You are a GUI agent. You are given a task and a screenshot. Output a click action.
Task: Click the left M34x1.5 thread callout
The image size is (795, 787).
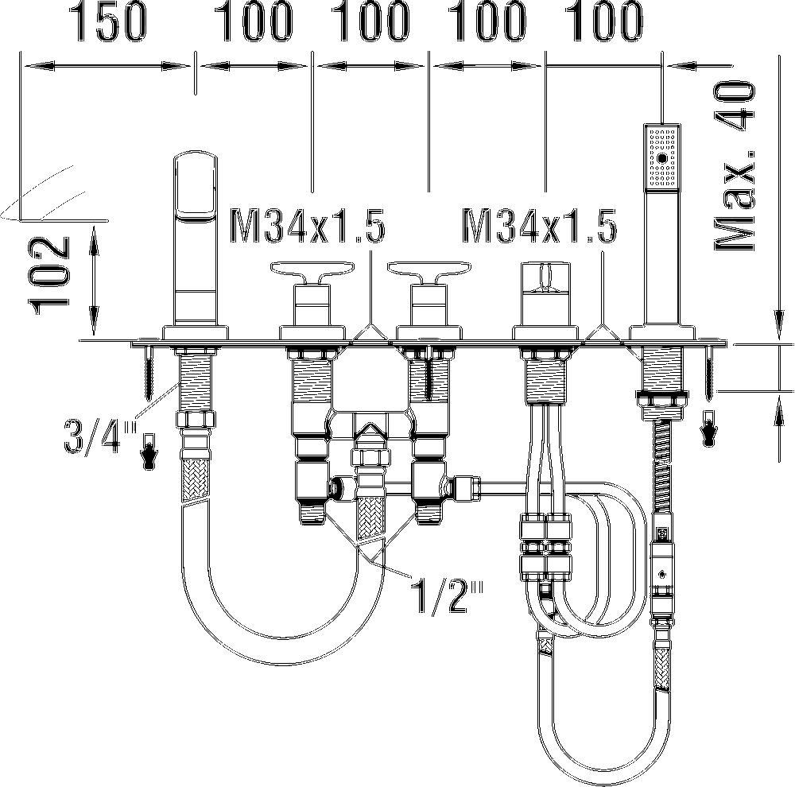coord(307,226)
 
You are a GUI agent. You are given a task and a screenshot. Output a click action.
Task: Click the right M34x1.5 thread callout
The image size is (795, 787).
coord(540,226)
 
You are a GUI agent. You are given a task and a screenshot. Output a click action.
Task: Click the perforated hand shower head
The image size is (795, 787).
coord(661,157)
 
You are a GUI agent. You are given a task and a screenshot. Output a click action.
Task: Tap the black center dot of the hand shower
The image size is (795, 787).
coord(661,158)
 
